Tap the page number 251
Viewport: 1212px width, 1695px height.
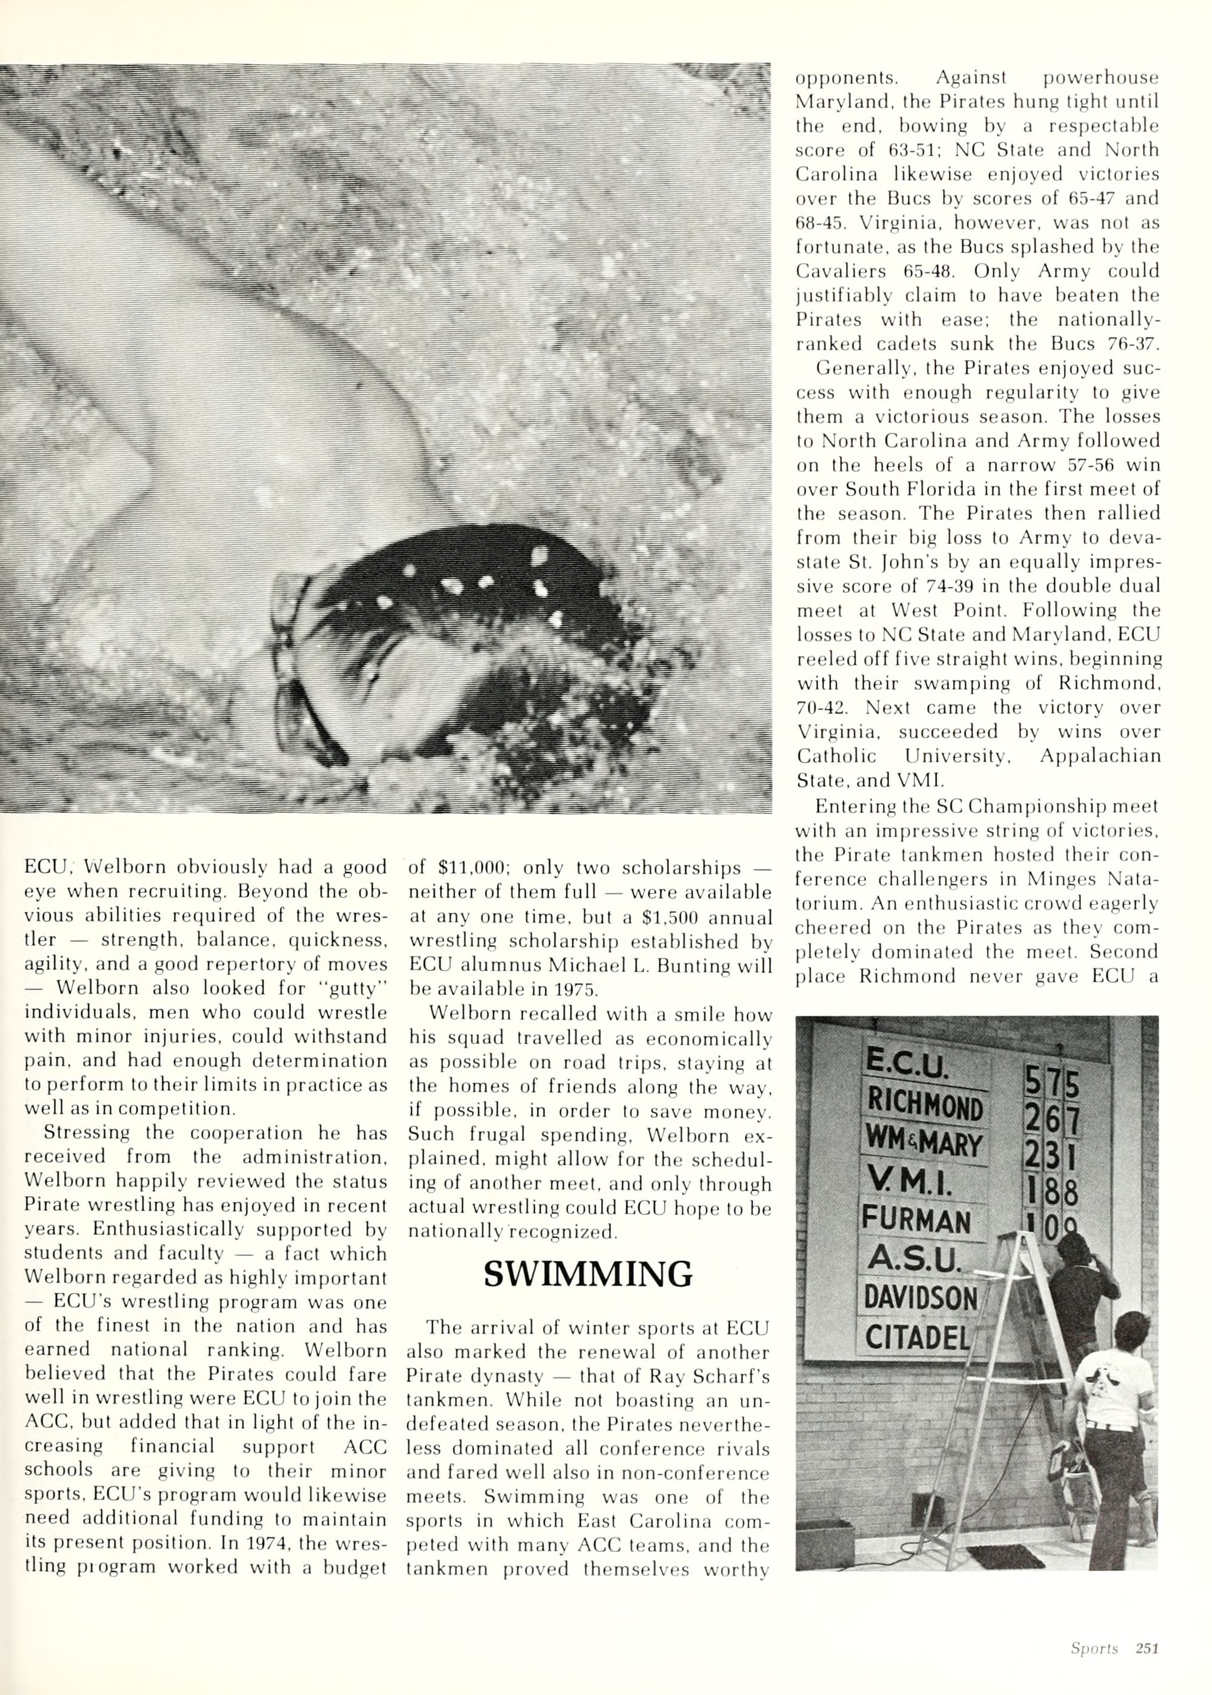point(1147,1643)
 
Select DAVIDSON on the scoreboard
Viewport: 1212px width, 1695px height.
point(920,1299)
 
